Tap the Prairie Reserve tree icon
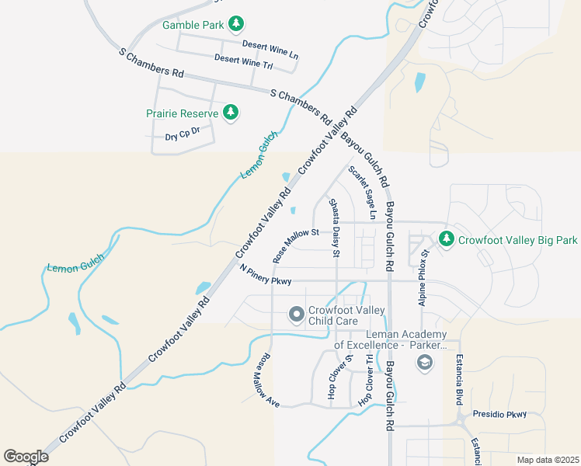pyautogui.click(x=230, y=113)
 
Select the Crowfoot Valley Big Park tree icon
pyautogui.click(x=447, y=240)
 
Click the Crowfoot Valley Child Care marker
pyautogui.click(x=296, y=315)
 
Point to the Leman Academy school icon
pyautogui.click(x=424, y=362)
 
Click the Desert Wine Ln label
pyautogui.click(x=270, y=50)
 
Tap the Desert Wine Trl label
pyautogui.click(x=243, y=62)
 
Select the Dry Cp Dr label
pyautogui.click(x=183, y=134)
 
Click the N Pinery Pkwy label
pyautogui.click(x=266, y=275)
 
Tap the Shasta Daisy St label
pyautogui.click(x=335, y=228)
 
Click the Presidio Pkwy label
pyautogui.click(x=499, y=414)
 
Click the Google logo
pyautogui.click(x=26, y=457)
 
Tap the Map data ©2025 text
pyautogui.click(x=548, y=460)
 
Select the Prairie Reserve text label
pyautogui.click(x=183, y=113)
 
